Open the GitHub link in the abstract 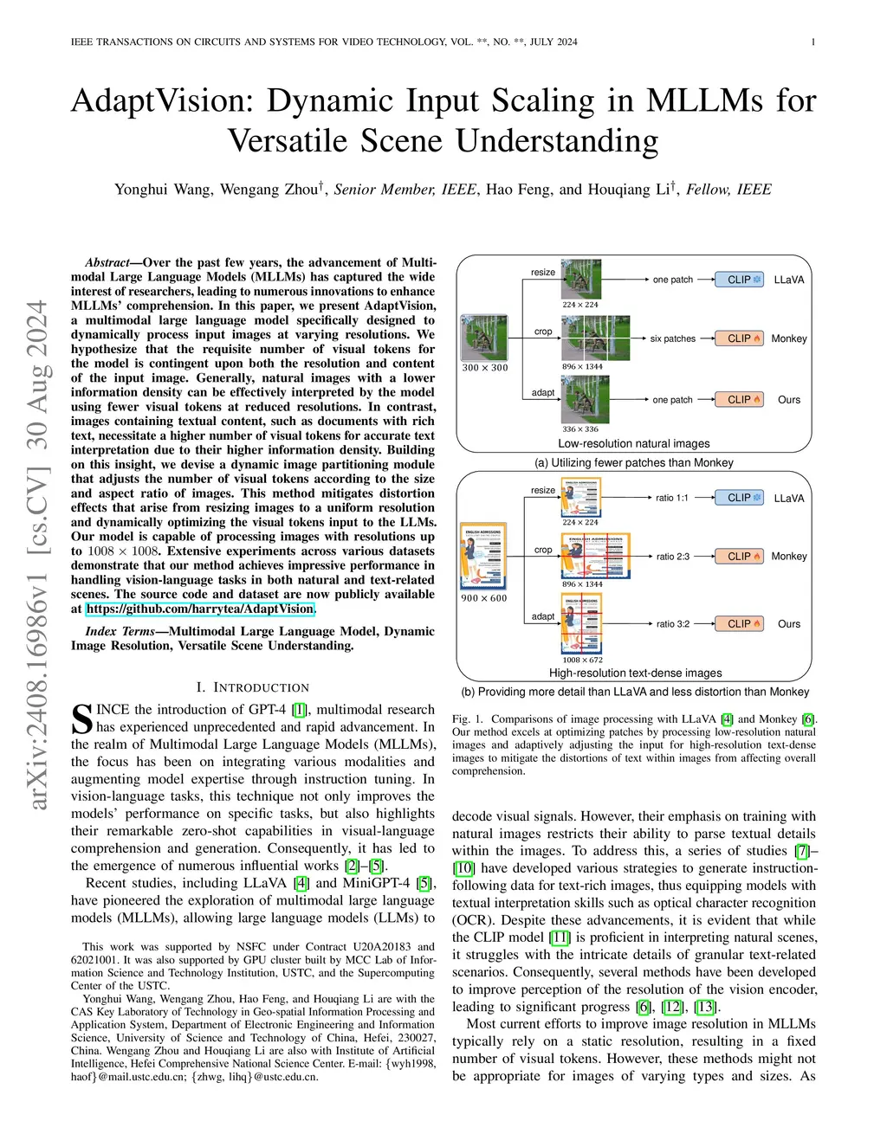[200, 609]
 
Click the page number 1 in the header [813, 42]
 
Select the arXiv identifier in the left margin [37, 554]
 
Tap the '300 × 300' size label [485, 368]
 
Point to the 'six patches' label [672, 339]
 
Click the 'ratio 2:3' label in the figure [672, 557]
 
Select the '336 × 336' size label [580, 429]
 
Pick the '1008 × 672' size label [582, 660]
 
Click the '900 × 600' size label [484, 598]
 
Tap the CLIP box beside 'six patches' [740, 338]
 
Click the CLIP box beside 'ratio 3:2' [740, 623]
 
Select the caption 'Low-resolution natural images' [633, 443]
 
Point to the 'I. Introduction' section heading [252, 687]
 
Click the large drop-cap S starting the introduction [81, 718]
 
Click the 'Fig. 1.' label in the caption [469, 719]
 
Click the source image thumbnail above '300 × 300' [485, 337]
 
